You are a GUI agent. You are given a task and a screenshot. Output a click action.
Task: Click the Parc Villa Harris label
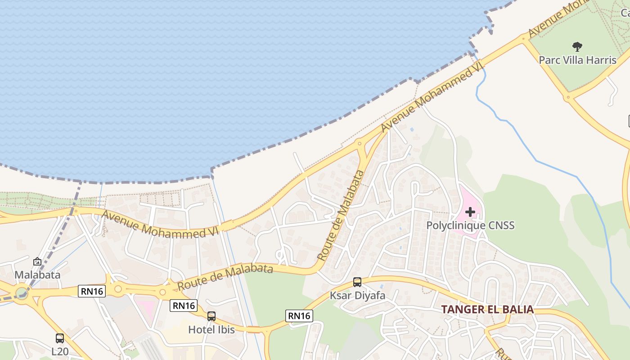577,60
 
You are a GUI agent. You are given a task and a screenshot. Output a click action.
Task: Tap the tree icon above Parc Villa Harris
577,46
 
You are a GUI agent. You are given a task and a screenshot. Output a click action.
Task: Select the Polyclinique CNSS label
470,225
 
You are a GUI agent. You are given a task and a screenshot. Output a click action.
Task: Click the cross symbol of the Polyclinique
470,212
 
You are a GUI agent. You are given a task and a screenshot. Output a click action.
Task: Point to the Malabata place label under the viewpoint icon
37,274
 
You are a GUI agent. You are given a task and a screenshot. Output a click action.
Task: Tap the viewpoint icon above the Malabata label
37,261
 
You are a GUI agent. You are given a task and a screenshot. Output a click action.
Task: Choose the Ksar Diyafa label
357,296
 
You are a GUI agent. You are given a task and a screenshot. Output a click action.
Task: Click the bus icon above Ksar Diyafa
357,282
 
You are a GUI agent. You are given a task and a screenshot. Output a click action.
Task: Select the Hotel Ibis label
211,329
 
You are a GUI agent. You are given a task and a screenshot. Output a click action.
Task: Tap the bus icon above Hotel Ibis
211,316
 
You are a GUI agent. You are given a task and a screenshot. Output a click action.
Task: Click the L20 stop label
60,351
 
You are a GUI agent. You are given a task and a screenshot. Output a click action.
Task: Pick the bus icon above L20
60,338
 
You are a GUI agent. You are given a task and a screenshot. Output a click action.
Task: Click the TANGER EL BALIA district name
487,310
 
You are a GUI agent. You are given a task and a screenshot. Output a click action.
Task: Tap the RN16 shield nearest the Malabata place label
92,291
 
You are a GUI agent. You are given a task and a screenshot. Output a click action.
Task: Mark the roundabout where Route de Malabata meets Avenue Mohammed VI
359,144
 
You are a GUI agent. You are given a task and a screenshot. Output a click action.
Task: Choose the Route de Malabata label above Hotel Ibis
225,277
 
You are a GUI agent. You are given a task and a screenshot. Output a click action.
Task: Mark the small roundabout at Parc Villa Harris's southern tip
568,97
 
